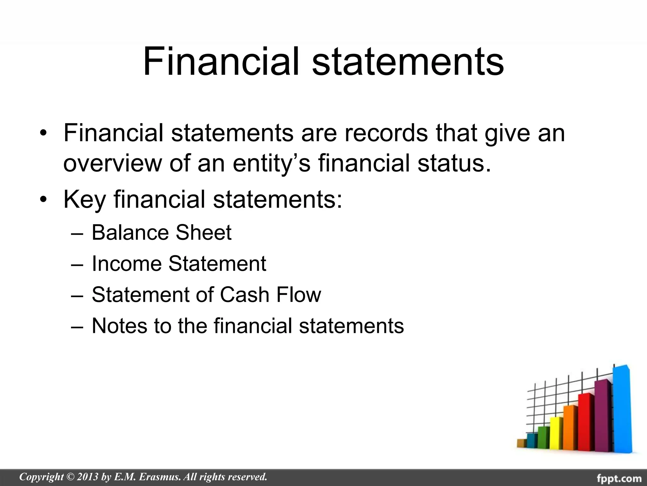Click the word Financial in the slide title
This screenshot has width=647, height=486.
point(221,62)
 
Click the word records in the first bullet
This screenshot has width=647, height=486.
point(386,133)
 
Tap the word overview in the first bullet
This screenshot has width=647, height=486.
point(113,163)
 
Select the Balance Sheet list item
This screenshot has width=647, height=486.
point(161,233)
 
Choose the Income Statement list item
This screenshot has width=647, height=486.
point(179,264)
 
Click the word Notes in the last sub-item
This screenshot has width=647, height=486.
point(119,326)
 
